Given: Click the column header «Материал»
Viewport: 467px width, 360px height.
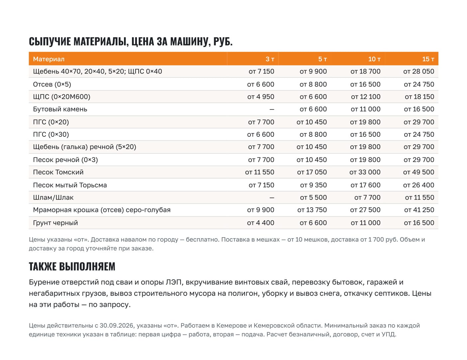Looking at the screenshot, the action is [x=49, y=59].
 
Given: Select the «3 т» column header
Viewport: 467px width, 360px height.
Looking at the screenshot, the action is [x=270, y=59].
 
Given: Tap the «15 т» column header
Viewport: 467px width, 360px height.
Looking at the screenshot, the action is [x=428, y=59].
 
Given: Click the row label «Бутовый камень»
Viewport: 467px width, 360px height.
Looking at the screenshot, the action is [x=60, y=109].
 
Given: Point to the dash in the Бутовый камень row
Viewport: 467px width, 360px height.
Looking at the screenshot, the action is [x=272, y=109].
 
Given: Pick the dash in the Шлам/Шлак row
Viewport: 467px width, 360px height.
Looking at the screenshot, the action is [x=272, y=198].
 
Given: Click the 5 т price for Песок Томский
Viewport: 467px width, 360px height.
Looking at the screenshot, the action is [x=312, y=172].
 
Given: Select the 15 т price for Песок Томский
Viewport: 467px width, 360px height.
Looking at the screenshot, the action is [x=419, y=172].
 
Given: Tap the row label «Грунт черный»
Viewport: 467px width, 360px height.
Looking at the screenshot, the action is [x=56, y=223].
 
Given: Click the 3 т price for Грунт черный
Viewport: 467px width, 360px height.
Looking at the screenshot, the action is [x=261, y=223].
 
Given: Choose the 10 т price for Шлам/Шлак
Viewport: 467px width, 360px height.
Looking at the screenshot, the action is [x=367, y=197].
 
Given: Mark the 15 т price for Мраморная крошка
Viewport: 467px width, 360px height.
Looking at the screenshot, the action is [x=419, y=210].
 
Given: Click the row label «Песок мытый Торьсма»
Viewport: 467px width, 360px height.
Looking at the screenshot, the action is [x=70, y=185].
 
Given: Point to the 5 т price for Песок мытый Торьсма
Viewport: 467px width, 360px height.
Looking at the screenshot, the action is [x=313, y=185].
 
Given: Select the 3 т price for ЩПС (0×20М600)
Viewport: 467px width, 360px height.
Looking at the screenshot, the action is [x=261, y=97].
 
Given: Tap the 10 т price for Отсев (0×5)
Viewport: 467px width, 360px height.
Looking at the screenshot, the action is [x=365, y=84].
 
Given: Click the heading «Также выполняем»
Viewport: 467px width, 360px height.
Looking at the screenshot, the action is [x=72, y=267].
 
